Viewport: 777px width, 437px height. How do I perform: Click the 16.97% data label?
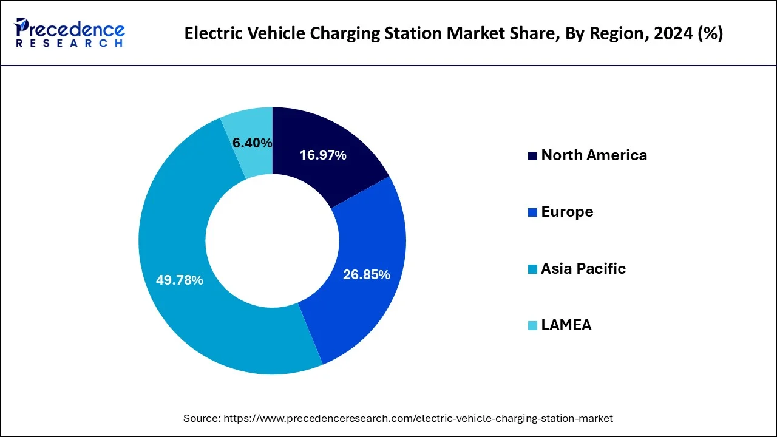pyautogui.click(x=323, y=155)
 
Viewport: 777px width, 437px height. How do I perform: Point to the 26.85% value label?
pyautogui.click(x=366, y=275)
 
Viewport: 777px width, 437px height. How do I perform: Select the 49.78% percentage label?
pyautogui.click(x=179, y=280)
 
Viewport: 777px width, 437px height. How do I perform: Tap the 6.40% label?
pyautogui.click(x=252, y=143)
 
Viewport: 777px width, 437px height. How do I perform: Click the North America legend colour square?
pyautogui.click(x=533, y=156)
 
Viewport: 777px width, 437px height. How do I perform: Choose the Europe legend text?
pyautogui.click(x=567, y=212)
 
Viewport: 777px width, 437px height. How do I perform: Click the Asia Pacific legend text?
pyautogui.click(x=583, y=268)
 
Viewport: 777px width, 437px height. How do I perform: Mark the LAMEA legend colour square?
pyautogui.click(x=533, y=325)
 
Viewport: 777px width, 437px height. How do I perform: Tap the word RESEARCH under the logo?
pyautogui.click(x=70, y=44)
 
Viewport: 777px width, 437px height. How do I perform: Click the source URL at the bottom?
pyautogui.click(x=418, y=418)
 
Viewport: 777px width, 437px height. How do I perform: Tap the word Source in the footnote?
pyautogui.click(x=202, y=418)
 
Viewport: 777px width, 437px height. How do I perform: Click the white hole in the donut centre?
pyautogui.click(x=272, y=240)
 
